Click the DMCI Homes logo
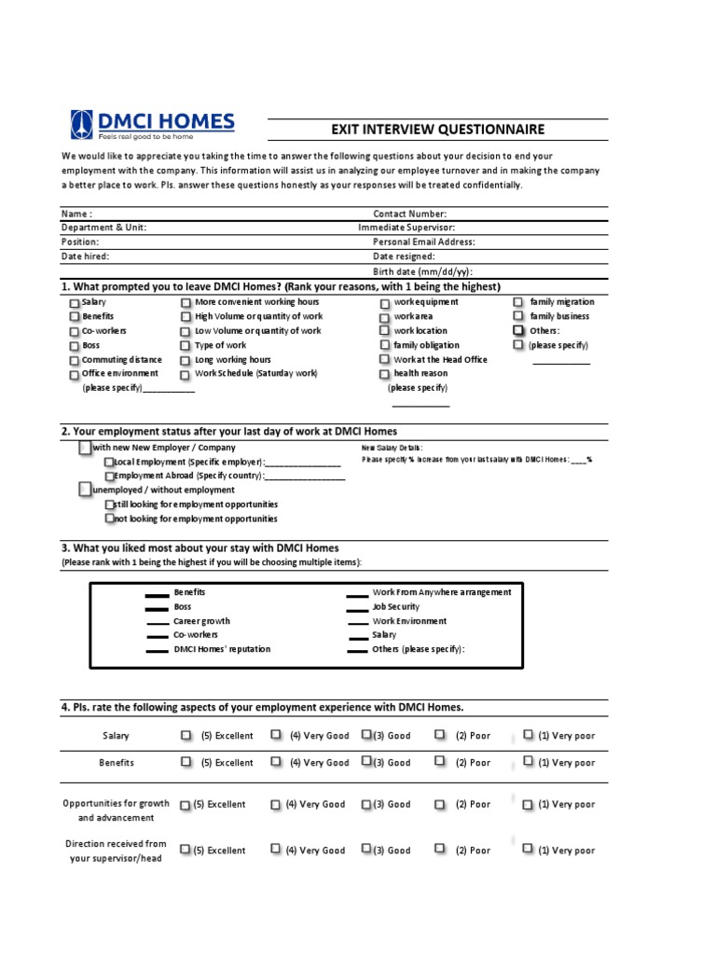coord(153,125)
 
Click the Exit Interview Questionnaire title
coord(438,130)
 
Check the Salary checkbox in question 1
coord(75,303)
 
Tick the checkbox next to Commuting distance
coord(75,360)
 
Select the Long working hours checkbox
coord(186,360)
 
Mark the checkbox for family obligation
coord(385,345)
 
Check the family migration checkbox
coord(518,302)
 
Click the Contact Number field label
coord(409,214)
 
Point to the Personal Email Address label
coord(423,242)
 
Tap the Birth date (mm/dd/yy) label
coord(416,270)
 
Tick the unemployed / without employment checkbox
coord(86,490)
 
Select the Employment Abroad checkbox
coord(110,476)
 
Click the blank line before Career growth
coord(158,622)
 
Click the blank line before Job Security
coord(357,608)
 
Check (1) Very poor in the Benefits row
coord(528,762)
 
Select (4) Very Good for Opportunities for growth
coord(276,804)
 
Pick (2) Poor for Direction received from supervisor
coord(439,850)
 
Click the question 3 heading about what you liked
coord(200,547)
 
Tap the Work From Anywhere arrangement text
coord(441,592)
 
